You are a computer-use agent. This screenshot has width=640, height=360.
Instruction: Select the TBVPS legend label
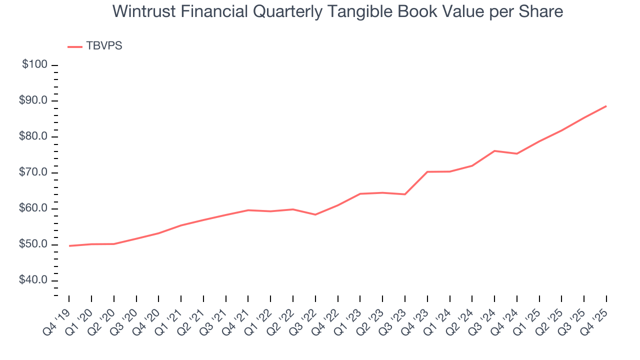(104, 46)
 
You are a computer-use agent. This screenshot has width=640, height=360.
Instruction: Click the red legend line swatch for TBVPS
(74, 46)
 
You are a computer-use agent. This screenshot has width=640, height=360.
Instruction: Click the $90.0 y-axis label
(33, 101)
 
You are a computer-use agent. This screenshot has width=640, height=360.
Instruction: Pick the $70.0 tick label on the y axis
(33, 173)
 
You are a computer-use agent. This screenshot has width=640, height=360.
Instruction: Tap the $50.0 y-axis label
(33, 245)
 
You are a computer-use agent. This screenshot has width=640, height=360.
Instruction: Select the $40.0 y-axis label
(33, 280)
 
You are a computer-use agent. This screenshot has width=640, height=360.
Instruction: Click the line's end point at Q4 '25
(606, 106)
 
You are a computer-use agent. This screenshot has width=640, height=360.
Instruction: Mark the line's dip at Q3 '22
(315, 214)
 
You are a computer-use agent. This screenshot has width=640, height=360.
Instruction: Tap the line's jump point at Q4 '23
(427, 172)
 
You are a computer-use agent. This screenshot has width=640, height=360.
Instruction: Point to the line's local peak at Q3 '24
(494, 150)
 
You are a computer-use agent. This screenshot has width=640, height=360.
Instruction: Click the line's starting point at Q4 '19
(69, 246)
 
